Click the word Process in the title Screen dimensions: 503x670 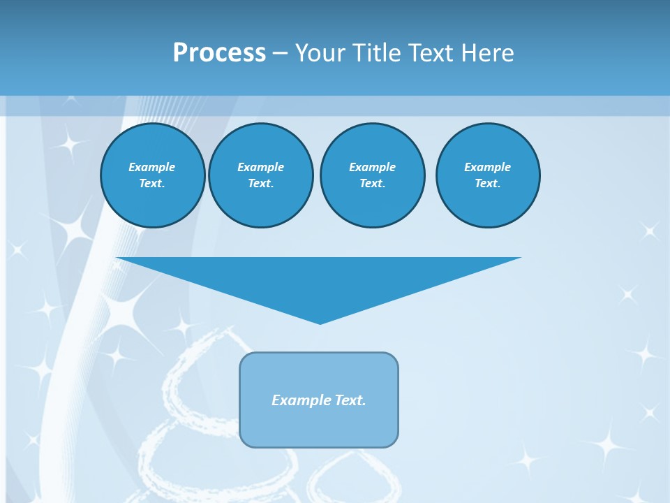(x=219, y=53)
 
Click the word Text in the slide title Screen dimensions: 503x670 (x=434, y=53)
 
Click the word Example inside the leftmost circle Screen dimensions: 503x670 (x=152, y=167)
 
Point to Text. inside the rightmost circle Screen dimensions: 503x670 (x=488, y=184)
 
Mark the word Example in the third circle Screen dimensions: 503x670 (x=372, y=167)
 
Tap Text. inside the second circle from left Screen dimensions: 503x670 (x=260, y=184)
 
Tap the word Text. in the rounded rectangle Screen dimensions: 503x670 (x=351, y=400)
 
